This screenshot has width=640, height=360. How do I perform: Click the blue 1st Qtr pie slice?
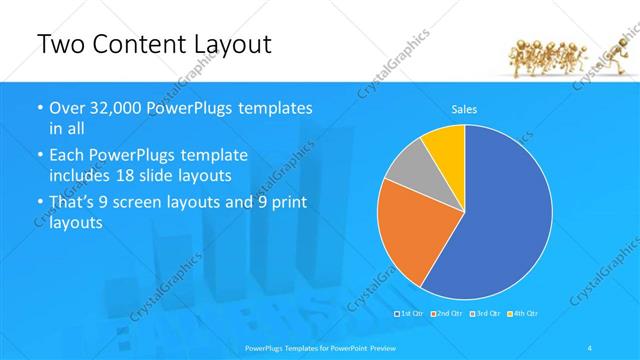click(x=500, y=210)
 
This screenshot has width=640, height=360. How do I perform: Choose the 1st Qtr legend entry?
click(x=411, y=313)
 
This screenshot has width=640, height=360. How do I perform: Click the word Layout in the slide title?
click(x=232, y=45)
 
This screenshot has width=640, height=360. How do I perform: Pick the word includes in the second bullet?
click(x=83, y=174)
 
